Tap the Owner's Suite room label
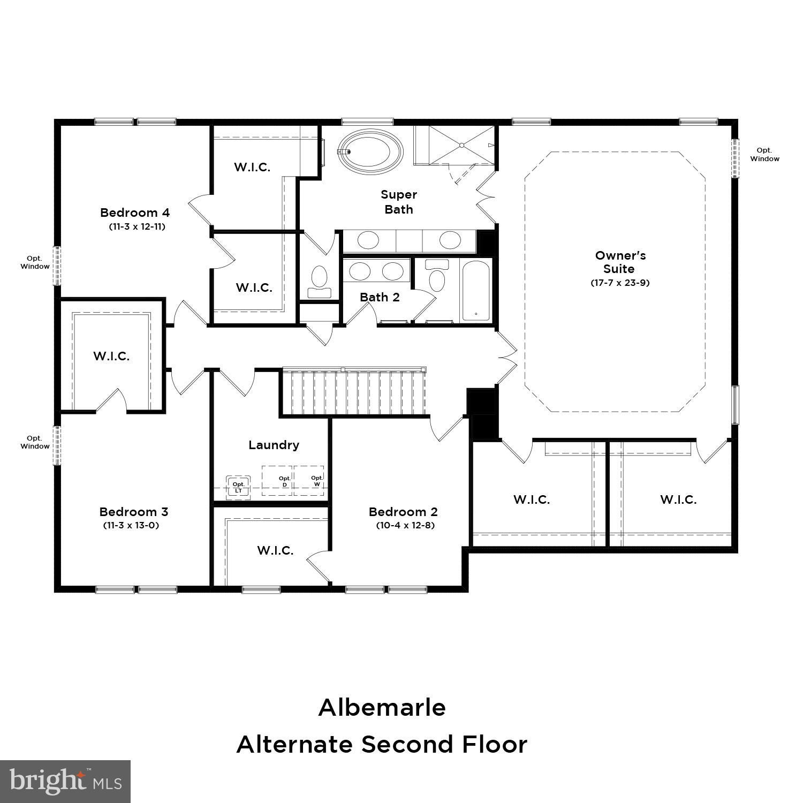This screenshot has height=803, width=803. pos(620,262)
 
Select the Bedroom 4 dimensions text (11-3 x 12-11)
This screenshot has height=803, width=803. pos(137,226)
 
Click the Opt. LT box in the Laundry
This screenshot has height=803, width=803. pos(238,487)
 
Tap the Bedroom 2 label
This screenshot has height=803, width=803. pos(403,512)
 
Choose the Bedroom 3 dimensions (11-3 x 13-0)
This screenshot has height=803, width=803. pos(131,525)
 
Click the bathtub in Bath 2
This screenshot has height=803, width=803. pos(475,291)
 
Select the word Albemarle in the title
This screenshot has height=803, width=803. pos(382,708)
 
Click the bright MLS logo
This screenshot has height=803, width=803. pos(65,782)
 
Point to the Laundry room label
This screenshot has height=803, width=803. pos(274,445)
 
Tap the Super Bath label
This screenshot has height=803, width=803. pos(399,202)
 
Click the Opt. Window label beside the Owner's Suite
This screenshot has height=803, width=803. pos(764,155)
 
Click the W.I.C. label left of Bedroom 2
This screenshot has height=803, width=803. pos(275,550)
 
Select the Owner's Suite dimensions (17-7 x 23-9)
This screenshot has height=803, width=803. pos(620,283)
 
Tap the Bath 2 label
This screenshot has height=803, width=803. pos(380,297)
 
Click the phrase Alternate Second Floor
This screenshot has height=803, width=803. pos(382,744)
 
